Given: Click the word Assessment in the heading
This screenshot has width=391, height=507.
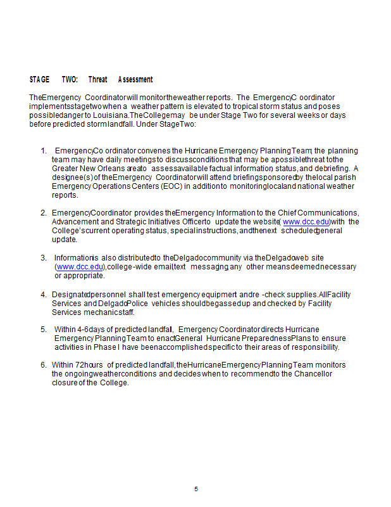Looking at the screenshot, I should click(x=135, y=80).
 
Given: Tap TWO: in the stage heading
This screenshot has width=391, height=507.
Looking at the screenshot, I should click(x=70, y=80).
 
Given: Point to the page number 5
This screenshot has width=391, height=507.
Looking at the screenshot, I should click(x=196, y=489).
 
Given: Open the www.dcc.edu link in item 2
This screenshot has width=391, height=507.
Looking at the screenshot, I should click(x=306, y=222).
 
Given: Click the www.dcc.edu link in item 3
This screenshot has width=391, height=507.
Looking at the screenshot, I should click(x=80, y=267).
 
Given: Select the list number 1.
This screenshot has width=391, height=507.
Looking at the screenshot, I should click(x=43, y=151).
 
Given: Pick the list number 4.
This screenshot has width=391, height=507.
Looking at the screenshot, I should click(x=44, y=295).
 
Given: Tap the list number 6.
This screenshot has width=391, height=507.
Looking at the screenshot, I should click(x=44, y=365).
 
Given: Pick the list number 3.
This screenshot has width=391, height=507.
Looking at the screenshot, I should click(x=44, y=258).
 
